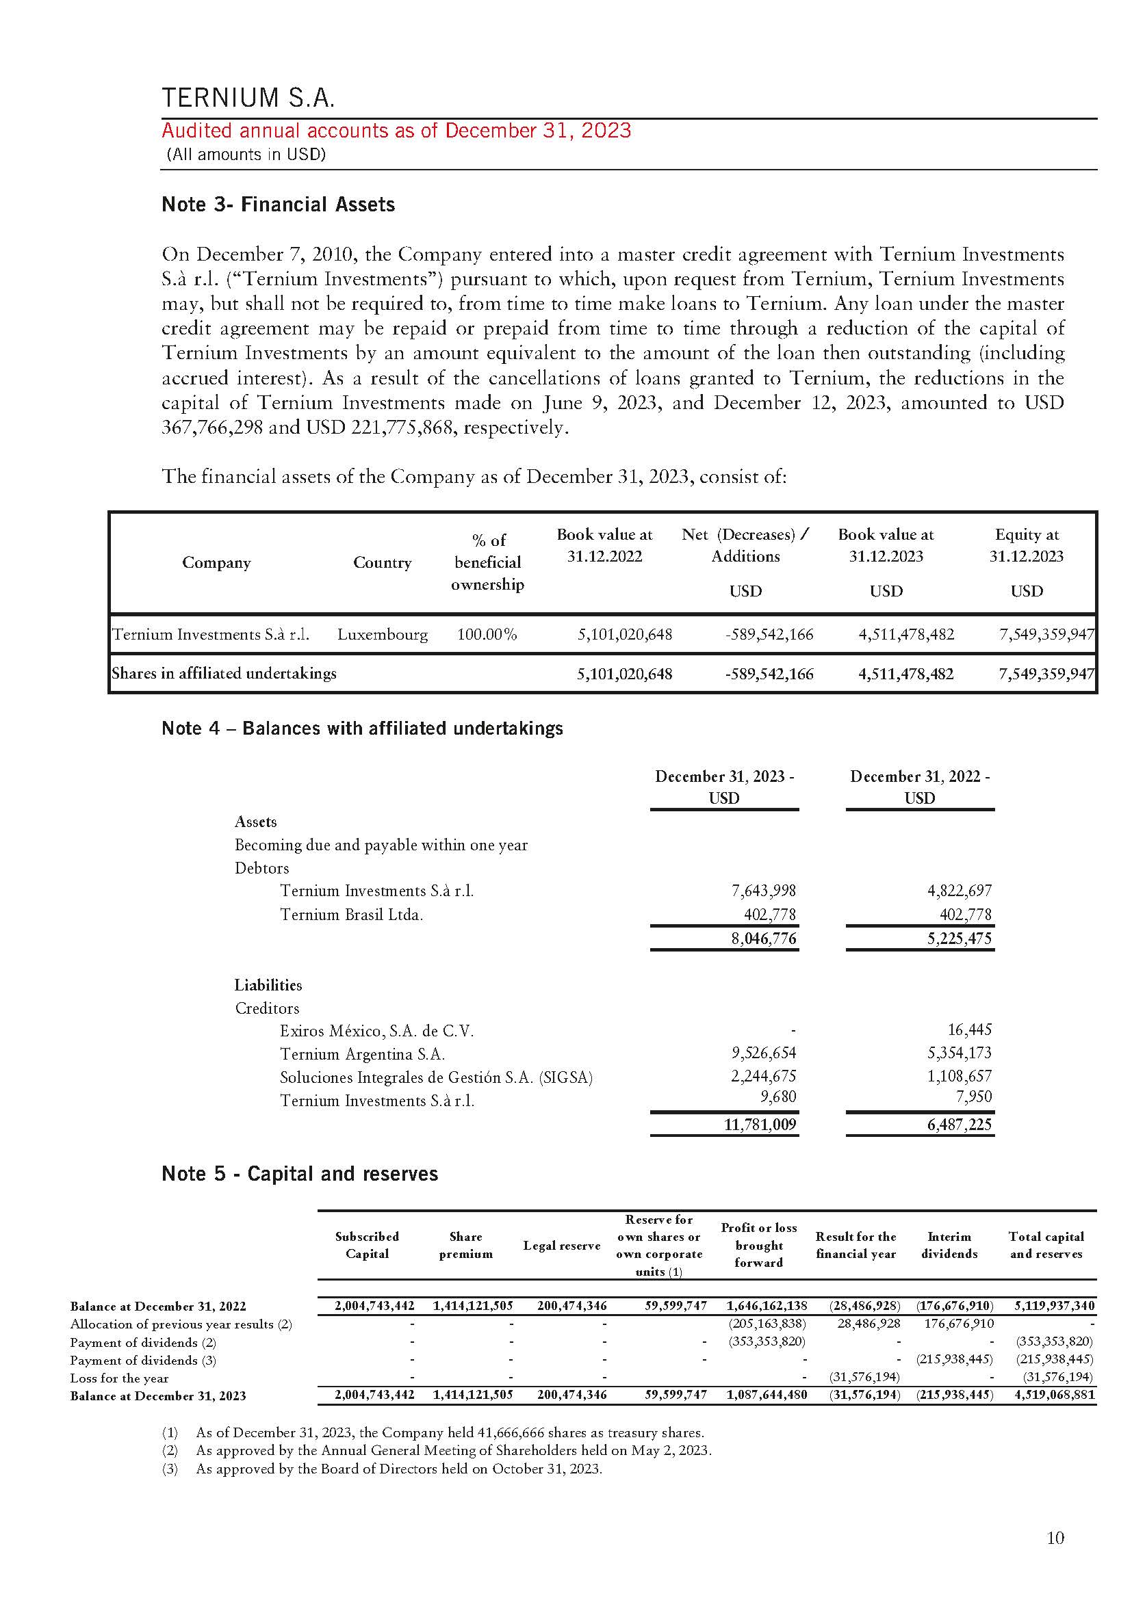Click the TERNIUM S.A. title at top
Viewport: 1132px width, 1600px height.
point(248,98)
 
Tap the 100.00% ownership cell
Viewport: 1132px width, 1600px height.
point(487,634)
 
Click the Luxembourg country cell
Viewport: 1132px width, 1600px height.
point(382,634)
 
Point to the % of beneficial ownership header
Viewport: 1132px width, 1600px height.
point(487,562)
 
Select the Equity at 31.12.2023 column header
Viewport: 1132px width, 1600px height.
point(1026,545)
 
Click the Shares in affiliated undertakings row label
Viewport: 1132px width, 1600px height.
point(224,673)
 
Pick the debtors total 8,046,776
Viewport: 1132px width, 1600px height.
point(762,939)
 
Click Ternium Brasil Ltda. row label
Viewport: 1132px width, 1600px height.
point(351,915)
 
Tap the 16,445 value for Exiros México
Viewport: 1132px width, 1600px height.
point(969,1030)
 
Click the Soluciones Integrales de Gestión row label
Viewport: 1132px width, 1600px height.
point(436,1077)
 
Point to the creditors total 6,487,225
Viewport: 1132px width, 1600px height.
point(959,1124)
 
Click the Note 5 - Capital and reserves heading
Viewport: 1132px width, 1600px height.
point(300,1174)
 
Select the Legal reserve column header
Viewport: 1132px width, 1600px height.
point(561,1245)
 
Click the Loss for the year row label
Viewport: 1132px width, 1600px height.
point(119,1378)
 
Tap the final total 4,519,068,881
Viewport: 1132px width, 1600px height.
point(1055,1395)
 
